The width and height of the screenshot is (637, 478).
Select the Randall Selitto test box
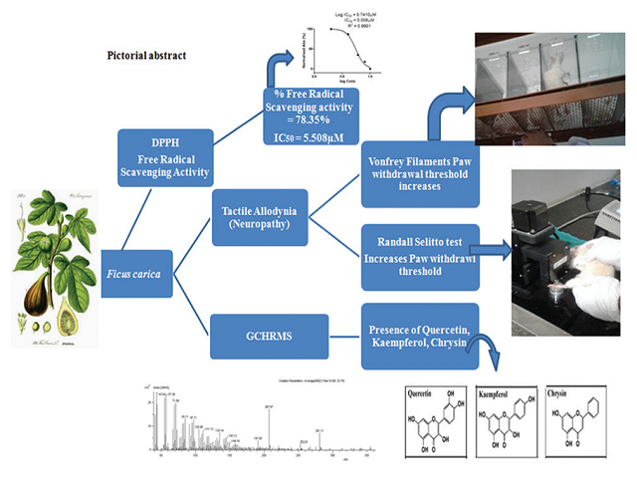tap(422, 254)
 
